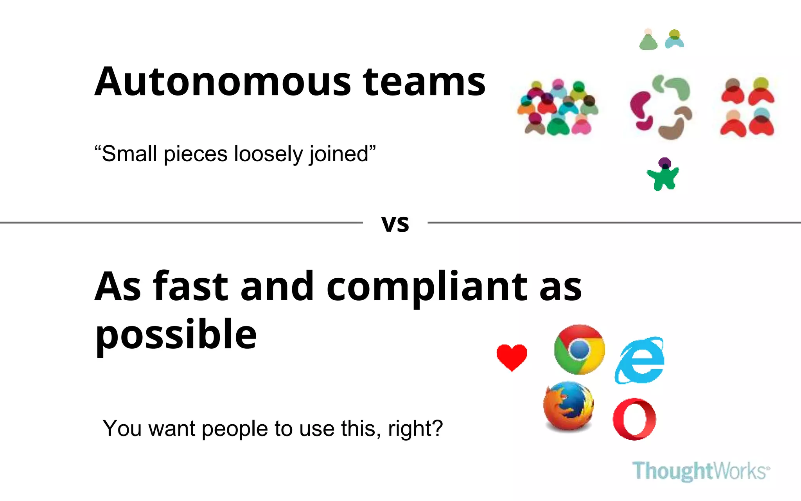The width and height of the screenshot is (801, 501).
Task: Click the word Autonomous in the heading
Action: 223,82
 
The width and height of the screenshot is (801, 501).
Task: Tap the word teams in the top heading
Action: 424,82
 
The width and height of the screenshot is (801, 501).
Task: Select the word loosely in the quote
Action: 269,154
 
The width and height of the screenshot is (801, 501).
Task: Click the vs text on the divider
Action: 395,223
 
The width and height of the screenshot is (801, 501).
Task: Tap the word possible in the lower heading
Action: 176,335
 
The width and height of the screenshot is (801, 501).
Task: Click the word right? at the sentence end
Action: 415,429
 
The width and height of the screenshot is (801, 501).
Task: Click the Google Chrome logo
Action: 579,349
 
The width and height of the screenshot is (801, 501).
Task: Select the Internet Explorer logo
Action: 640,360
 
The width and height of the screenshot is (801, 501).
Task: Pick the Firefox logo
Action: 568,406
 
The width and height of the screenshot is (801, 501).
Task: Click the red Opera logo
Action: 634,419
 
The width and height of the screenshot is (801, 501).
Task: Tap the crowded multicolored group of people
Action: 557,108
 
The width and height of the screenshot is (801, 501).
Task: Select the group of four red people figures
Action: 747,107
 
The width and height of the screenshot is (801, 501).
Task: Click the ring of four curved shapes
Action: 661,107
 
